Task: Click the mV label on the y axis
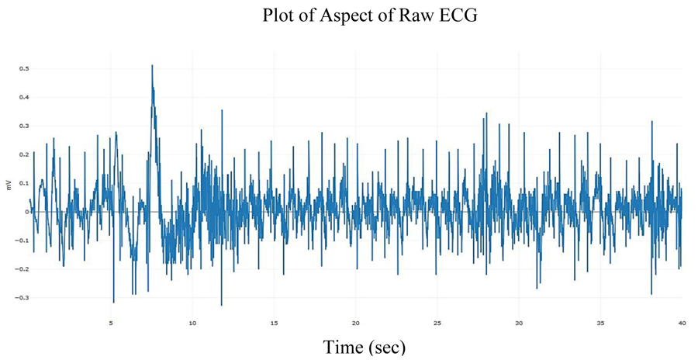click(9, 185)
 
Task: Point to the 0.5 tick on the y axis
click(23, 69)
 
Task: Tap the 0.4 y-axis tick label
click(23, 98)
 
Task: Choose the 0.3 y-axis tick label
click(23, 126)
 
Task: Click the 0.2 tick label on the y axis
click(23, 154)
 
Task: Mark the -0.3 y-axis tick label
click(22, 297)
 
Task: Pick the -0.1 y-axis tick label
click(22, 241)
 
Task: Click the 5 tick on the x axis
click(112, 323)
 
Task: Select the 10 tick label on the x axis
click(193, 323)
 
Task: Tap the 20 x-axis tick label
click(356, 323)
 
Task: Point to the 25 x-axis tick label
click(437, 323)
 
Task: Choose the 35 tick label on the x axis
click(600, 323)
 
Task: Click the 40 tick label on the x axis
click(682, 323)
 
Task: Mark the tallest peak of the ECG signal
click(152, 66)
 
